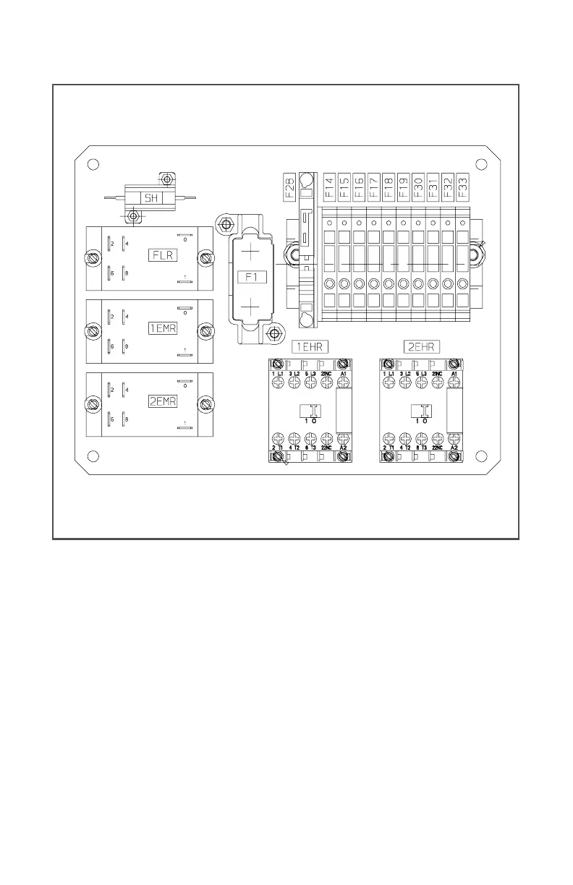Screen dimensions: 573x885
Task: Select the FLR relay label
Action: coord(161,255)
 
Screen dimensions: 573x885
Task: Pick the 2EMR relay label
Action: coord(162,402)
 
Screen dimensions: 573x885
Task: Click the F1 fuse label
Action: coord(250,276)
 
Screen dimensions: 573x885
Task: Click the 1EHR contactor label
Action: coord(310,348)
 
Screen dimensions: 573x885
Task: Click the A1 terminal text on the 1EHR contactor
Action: coord(343,373)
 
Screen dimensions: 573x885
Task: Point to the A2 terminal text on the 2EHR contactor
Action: coord(454,448)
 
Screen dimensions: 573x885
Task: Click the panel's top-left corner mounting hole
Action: coord(93,164)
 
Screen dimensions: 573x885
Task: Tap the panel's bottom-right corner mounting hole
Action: coord(478,456)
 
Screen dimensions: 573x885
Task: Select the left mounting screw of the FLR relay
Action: coord(93,257)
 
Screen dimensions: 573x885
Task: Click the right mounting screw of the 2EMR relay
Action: coord(207,403)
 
